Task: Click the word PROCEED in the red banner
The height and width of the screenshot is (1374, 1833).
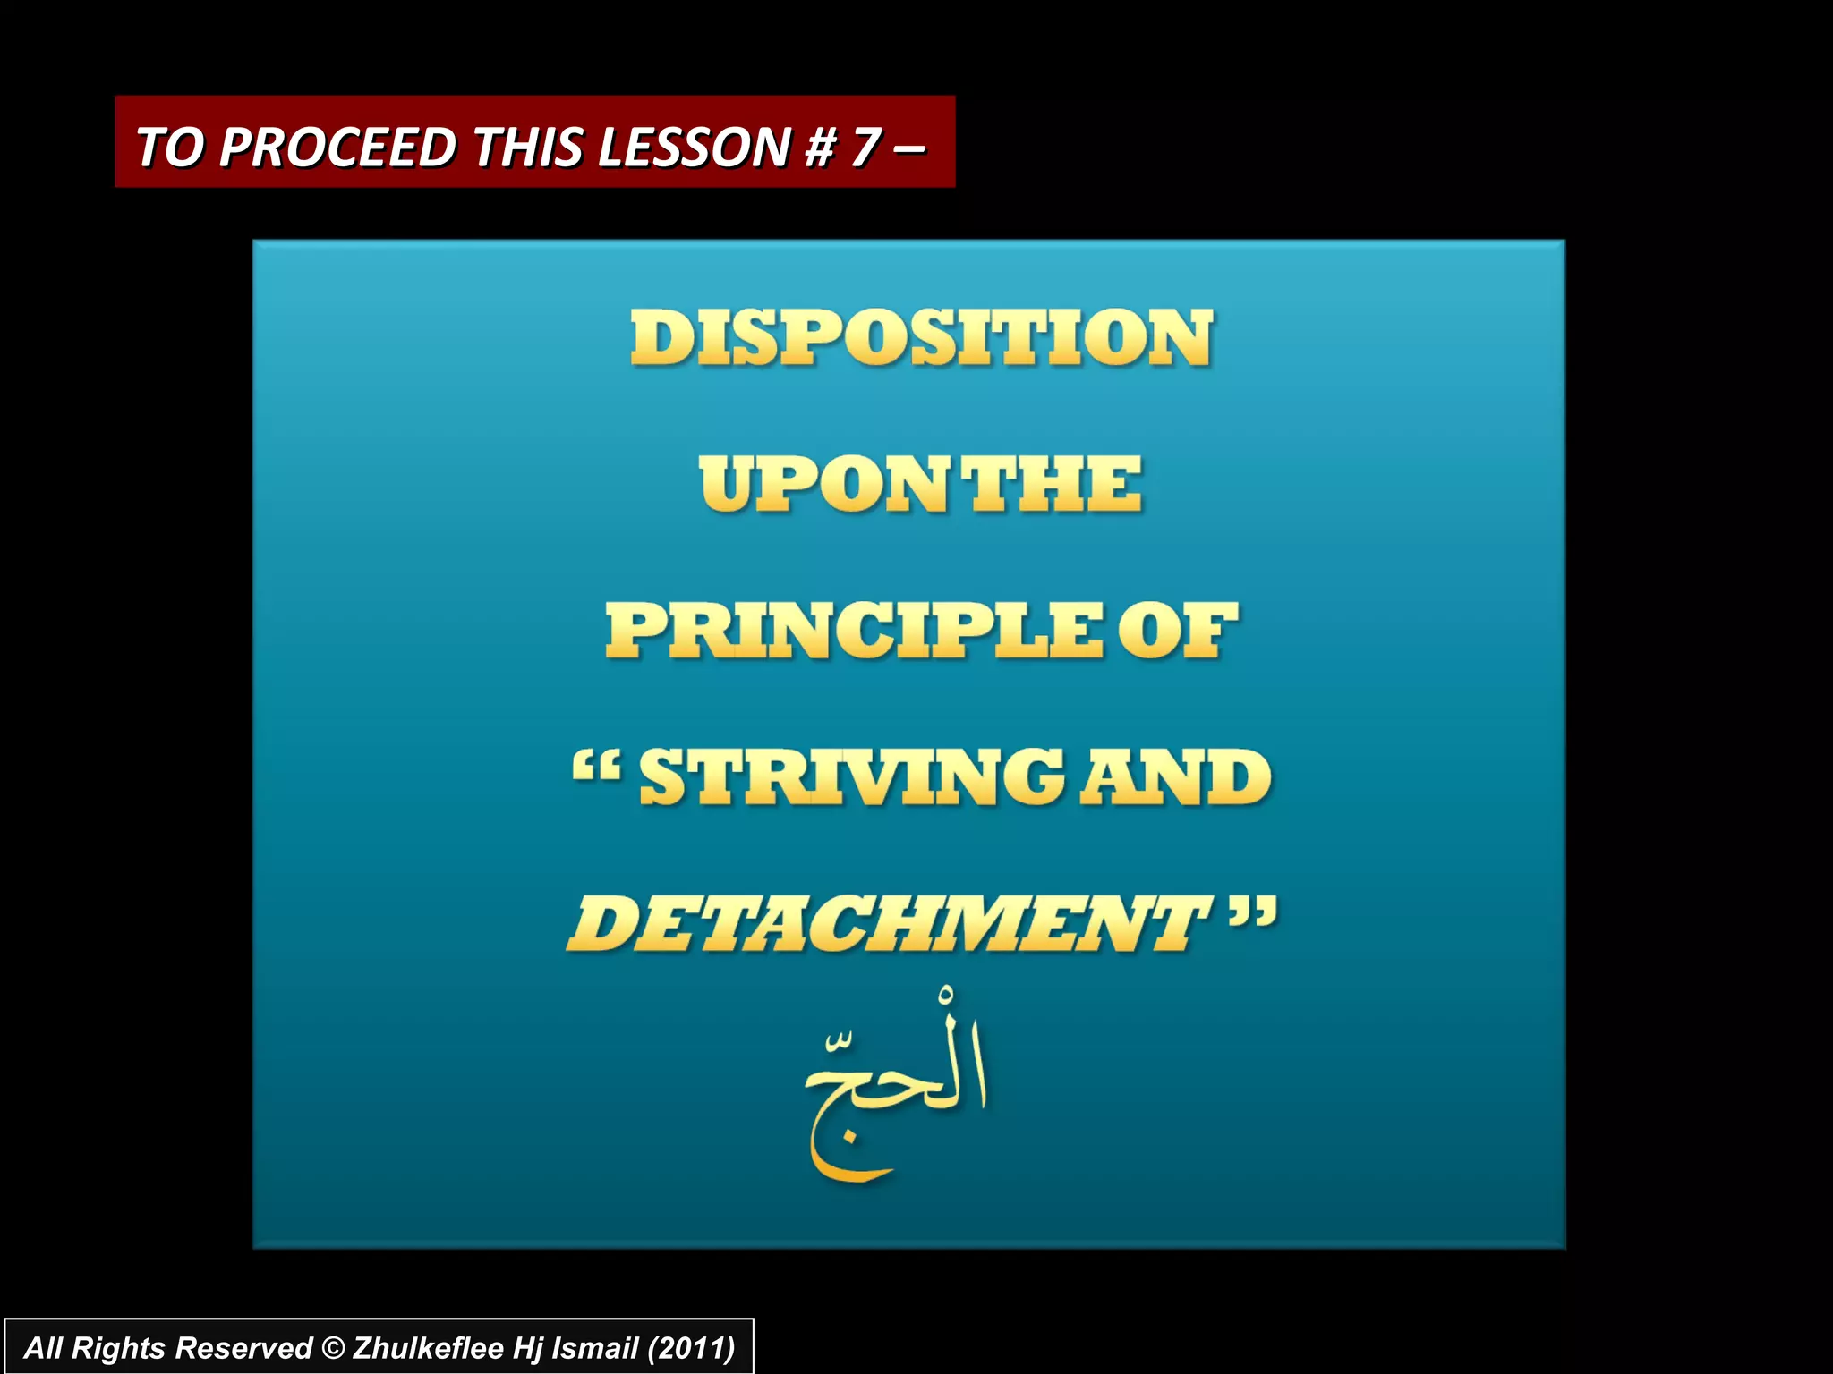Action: (338, 147)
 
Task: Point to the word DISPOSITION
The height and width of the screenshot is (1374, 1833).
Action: (922, 338)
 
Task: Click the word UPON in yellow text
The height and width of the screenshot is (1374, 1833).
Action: (822, 485)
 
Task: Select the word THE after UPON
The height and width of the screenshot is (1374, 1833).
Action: (1054, 485)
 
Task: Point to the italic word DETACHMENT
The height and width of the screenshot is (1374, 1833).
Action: (886, 923)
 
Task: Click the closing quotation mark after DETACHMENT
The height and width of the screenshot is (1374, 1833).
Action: (1252, 914)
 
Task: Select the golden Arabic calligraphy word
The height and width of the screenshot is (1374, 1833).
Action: (895, 1087)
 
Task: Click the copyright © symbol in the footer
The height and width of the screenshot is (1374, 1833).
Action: (332, 1348)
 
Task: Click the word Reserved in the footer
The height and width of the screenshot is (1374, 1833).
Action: (243, 1348)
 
